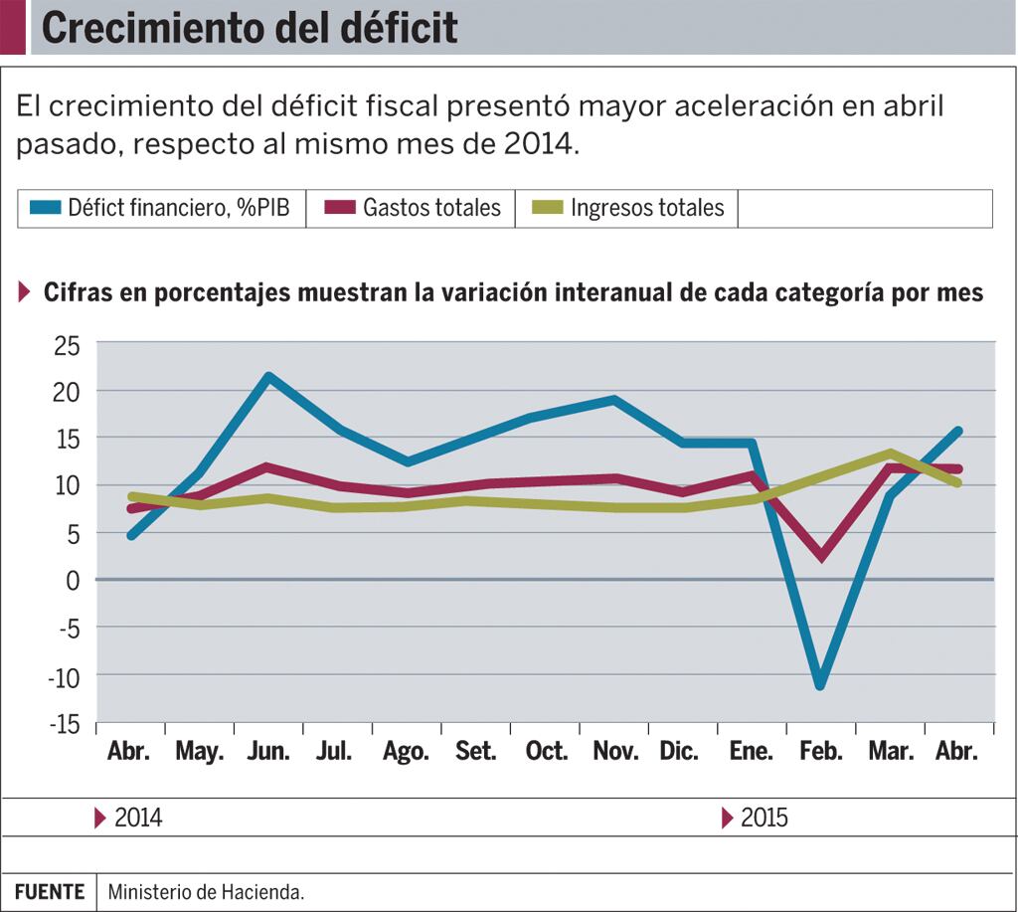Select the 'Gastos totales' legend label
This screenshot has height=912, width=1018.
431,208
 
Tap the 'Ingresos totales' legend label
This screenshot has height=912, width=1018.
647,208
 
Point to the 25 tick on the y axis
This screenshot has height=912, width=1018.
68,344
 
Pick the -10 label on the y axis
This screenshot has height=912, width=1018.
65,675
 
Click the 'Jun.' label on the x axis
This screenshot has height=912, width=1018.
268,751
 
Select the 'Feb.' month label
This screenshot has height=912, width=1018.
820,751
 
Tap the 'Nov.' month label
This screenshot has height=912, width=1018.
615,751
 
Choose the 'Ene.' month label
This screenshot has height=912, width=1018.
752,751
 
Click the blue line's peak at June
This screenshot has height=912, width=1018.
268,377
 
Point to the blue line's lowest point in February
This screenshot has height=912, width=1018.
820,685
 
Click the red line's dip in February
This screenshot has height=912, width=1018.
821,555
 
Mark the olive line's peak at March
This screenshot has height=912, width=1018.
890,454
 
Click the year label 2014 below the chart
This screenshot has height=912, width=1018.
138,819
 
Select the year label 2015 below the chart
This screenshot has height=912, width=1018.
763,819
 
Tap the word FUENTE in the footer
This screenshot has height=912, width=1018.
50,892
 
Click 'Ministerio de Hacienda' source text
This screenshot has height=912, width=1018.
206,892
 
